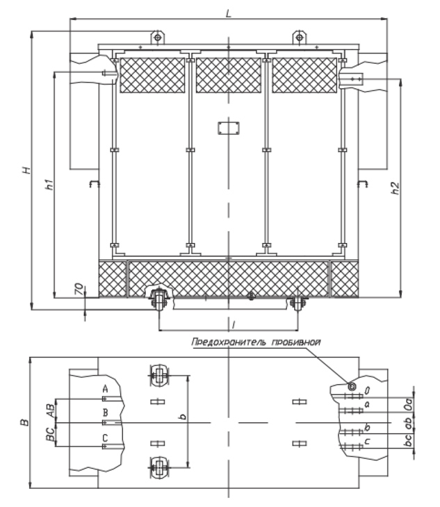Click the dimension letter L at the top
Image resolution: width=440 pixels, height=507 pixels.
point(229,13)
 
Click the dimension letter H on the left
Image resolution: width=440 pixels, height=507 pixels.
point(28,170)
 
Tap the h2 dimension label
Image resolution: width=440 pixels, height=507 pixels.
point(395,188)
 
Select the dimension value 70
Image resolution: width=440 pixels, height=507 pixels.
point(79,290)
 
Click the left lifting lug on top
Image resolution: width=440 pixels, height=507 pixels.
point(158,38)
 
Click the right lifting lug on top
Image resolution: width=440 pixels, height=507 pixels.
point(300,38)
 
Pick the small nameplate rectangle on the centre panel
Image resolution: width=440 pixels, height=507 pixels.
point(229,128)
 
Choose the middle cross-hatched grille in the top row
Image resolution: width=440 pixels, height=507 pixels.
point(229,75)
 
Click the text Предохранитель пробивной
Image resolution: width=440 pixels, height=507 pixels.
point(256,342)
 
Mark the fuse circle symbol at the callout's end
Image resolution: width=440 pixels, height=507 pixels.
point(351,385)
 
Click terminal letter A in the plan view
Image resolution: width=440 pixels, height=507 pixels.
point(105,389)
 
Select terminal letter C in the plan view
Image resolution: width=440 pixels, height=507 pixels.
point(105,438)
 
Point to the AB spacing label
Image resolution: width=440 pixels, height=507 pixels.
point(50,410)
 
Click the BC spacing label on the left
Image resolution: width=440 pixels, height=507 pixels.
point(50,435)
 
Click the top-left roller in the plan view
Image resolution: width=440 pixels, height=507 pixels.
point(158,376)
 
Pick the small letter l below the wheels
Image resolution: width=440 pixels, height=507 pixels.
point(234,324)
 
